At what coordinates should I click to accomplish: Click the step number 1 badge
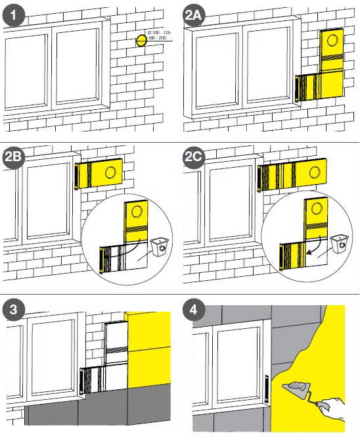click(x=14, y=15)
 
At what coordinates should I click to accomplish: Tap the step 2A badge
click(x=194, y=15)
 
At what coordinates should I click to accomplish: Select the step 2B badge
click(x=14, y=157)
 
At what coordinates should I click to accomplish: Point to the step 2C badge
click(x=194, y=157)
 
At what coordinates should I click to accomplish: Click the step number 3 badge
click(x=14, y=310)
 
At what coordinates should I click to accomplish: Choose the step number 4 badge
click(x=194, y=310)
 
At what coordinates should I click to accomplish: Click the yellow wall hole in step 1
click(x=141, y=41)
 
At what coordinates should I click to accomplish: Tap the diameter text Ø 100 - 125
click(x=159, y=33)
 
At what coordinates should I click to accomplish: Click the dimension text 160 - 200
click(x=157, y=37)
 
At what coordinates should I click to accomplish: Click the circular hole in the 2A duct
click(x=332, y=40)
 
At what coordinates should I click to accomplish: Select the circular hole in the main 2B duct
click(x=110, y=172)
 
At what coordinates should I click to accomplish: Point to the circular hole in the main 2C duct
click(x=315, y=172)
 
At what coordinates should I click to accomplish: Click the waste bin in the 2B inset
click(x=160, y=247)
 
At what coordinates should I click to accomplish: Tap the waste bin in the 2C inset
click(x=340, y=243)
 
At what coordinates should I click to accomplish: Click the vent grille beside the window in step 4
click(x=267, y=389)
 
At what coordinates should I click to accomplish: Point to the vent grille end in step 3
click(x=81, y=381)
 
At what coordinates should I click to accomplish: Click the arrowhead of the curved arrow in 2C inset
click(x=308, y=253)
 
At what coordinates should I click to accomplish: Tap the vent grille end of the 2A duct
click(x=298, y=88)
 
